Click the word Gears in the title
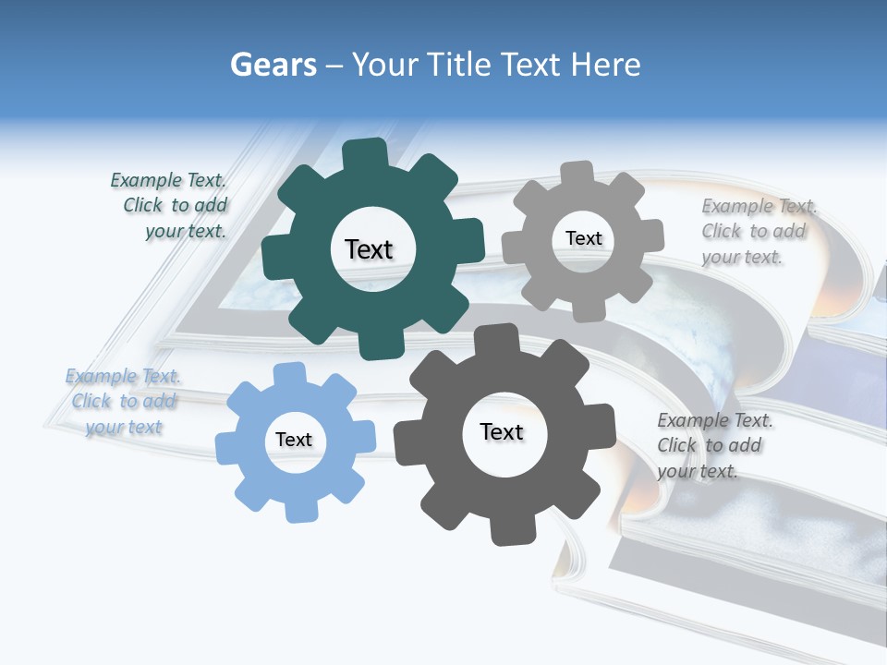coord(273,65)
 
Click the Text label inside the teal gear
coord(369,249)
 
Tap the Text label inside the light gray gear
coord(583,238)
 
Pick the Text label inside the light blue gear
coord(294,440)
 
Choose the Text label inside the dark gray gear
coord(502,431)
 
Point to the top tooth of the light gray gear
coord(577,175)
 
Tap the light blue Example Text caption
coord(123,401)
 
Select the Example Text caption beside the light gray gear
coord(758,231)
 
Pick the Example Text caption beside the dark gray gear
coord(713,445)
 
